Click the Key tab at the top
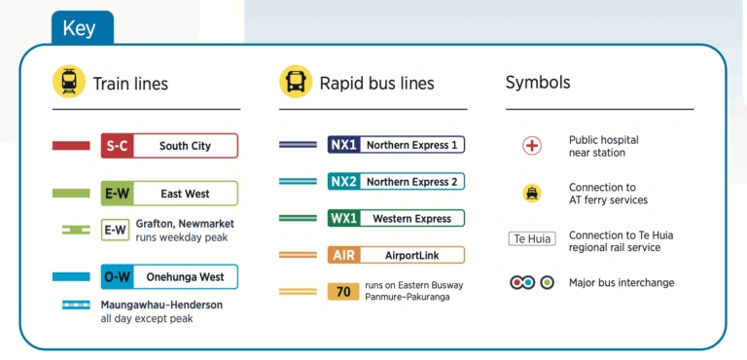(79, 28)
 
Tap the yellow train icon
(68, 83)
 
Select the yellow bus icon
(296, 83)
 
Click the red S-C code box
(117, 146)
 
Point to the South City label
(185, 146)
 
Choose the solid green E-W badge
(117, 194)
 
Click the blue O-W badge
(117, 277)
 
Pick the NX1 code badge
(344, 145)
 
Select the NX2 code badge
(344, 181)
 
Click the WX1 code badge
(344, 219)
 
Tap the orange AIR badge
(344, 255)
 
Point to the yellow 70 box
(344, 290)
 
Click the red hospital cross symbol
(532, 146)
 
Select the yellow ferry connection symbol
(532, 193)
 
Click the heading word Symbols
(538, 83)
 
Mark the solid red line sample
(71, 146)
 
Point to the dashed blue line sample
(76, 305)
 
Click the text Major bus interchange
(622, 283)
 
